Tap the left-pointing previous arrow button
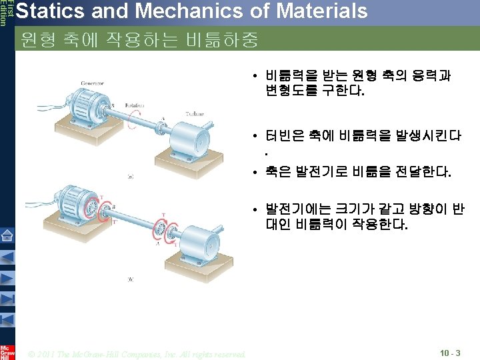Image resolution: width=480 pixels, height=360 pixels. [7, 257]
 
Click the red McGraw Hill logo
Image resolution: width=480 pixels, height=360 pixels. [7, 351]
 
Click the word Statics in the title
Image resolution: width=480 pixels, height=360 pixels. [49, 11]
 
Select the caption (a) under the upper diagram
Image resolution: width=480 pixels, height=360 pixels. [130, 177]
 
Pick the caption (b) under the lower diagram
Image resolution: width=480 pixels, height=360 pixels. [130, 279]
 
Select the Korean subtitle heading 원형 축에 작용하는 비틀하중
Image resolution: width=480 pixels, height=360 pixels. [139, 39]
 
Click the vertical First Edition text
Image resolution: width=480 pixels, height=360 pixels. [4, 13]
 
